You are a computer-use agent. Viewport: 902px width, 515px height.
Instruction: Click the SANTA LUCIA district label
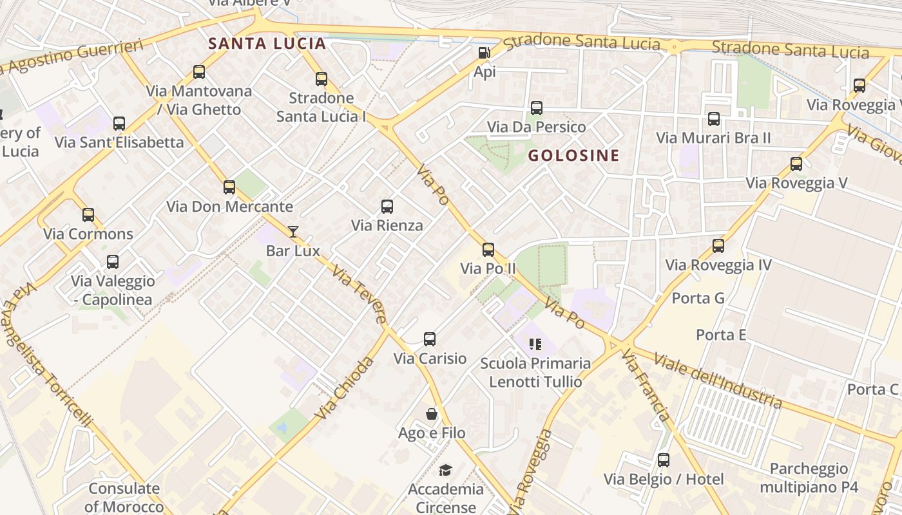point(267,44)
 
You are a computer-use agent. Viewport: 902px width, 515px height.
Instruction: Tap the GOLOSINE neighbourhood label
point(573,155)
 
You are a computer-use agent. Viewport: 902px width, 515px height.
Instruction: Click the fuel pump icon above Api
point(484,53)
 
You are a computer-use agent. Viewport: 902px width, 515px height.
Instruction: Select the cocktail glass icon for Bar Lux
point(293,232)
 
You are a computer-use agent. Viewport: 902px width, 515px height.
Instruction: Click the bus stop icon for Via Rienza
point(387,207)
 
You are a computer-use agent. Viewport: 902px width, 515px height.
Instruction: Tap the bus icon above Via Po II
point(488,250)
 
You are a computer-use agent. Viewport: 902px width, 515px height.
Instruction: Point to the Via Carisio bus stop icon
point(430,339)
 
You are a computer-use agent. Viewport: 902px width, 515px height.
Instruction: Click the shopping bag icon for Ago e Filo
point(432,414)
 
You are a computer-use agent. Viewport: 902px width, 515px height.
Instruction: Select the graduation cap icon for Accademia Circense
point(445,471)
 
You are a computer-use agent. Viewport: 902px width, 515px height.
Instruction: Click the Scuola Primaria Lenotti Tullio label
point(535,372)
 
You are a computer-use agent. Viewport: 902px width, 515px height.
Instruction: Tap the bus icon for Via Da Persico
point(537,108)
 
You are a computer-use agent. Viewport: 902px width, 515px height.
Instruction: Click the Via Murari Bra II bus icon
point(713,119)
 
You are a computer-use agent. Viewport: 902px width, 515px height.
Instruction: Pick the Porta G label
point(698,298)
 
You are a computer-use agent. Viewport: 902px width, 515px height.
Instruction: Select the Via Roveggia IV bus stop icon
point(718,246)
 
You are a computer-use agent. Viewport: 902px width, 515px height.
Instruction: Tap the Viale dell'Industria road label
point(718,380)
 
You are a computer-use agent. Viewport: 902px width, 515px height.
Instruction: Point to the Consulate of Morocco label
point(124,497)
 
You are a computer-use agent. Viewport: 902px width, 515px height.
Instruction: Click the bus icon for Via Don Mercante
point(229,187)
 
